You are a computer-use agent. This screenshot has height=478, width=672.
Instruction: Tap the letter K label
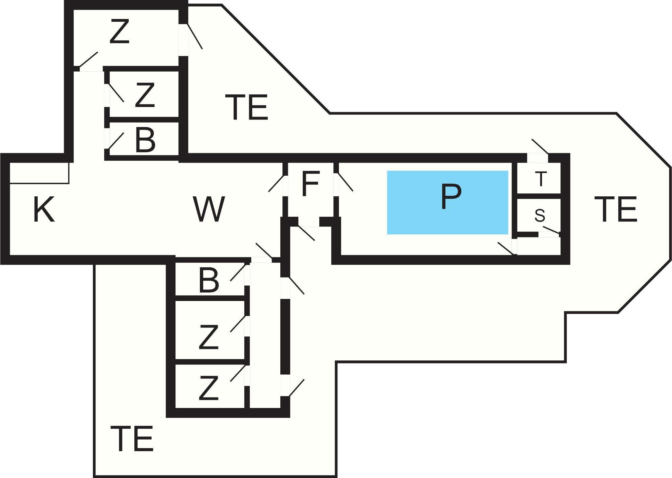click(44, 210)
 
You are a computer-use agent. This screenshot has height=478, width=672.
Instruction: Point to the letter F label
click(310, 184)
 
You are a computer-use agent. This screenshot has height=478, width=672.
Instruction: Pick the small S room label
click(540, 215)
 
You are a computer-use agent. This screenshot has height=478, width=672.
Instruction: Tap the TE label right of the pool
click(615, 209)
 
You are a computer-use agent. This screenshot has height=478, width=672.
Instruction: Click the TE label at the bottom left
click(132, 439)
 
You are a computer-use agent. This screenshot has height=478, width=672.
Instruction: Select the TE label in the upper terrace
click(247, 107)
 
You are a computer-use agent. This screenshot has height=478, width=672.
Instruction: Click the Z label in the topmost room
click(120, 32)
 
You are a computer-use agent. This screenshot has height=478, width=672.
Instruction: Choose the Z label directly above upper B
click(145, 95)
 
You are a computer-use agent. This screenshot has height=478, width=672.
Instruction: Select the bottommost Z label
click(208, 388)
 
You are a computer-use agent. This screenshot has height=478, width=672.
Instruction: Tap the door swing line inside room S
click(550, 230)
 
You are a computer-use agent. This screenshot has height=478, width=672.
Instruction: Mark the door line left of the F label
click(276, 183)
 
